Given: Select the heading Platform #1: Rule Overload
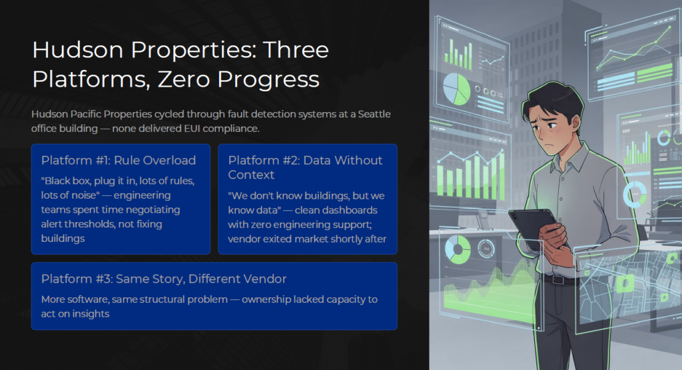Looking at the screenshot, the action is coord(119,160).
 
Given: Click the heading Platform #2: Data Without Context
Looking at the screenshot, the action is coord(305,167).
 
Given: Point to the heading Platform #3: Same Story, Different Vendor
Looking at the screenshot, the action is coord(164,279).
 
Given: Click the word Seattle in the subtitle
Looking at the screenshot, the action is coord(374,114).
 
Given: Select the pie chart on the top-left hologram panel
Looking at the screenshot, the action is coord(457,89).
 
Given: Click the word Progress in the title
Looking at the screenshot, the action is coord(268,79).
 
